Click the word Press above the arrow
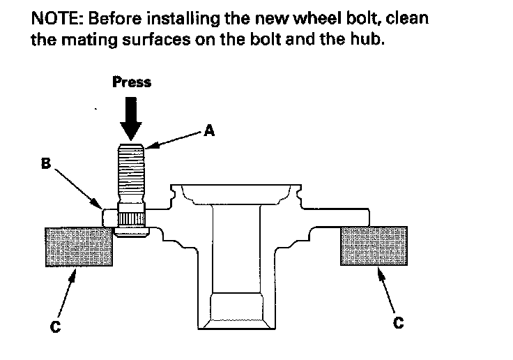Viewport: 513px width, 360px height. (x=132, y=82)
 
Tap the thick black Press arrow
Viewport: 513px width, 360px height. (x=131, y=117)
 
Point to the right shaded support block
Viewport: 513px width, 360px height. (x=374, y=246)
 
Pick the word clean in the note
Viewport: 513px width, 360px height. (x=405, y=18)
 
